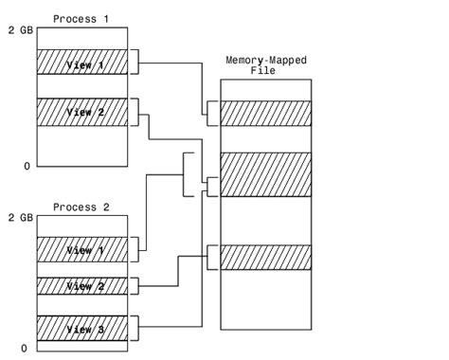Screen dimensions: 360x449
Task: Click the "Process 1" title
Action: pos(81,17)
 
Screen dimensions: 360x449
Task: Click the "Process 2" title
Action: pos(81,207)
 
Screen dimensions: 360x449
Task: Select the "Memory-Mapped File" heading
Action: pos(264,64)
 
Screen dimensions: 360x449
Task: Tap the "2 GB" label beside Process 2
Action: pos(20,217)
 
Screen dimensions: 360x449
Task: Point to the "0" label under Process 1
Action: pos(27,166)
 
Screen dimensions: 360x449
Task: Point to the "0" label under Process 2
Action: pos(27,348)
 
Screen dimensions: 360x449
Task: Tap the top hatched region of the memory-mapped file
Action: pos(265,113)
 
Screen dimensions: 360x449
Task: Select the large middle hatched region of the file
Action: pos(265,173)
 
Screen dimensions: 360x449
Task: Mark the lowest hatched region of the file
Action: pos(265,257)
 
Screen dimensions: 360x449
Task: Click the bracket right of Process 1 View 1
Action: pos(135,63)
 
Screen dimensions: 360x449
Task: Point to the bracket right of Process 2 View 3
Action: pos(135,328)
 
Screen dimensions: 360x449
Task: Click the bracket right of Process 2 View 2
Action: pos(135,285)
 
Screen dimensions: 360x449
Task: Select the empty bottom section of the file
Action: pos(265,298)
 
